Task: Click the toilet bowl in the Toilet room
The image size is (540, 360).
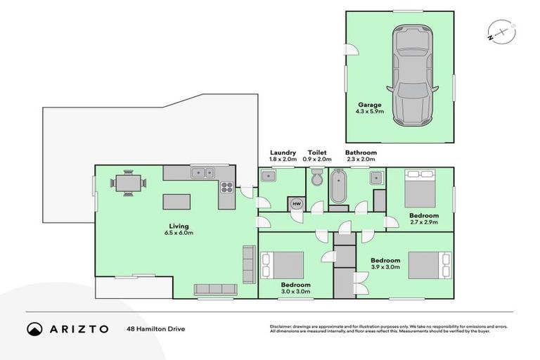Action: click(316, 174)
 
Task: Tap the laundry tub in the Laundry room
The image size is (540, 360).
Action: click(269, 176)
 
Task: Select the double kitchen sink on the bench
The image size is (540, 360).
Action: click(205, 172)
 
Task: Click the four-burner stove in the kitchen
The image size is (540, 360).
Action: click(227, 187)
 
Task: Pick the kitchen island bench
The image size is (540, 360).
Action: click(177, 202)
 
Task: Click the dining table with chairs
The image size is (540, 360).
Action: click(128, 182)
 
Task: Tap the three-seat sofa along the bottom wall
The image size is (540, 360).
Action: click(214, 288)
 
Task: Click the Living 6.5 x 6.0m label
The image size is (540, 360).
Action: click(178, 229)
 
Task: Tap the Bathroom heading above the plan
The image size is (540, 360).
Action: click(361, 153)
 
